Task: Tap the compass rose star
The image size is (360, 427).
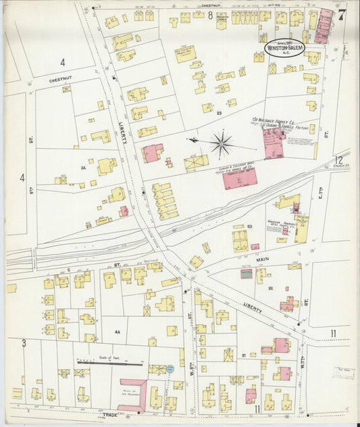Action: pos(222,143)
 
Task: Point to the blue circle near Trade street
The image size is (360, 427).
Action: pos(170,369)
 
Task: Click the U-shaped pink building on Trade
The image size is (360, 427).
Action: pos(132,394)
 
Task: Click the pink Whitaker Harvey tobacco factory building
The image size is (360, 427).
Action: pos(274,143)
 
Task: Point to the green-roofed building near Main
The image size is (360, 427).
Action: pos(246,274)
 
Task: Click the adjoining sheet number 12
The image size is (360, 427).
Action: pos(338,160)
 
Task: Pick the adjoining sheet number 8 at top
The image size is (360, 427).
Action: pos(210,14)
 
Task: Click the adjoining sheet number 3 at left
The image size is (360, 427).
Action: pos(23,343)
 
